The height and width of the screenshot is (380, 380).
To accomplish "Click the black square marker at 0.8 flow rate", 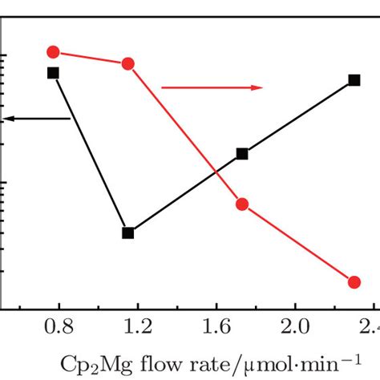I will click(x=53, y=73).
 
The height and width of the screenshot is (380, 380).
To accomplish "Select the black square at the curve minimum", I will click(x=127, y=233).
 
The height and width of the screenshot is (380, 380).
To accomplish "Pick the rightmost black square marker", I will click(x=354, y=80).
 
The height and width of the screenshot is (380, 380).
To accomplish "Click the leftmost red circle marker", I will click(x=53, y=52).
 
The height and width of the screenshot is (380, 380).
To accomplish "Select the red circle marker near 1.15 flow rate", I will click(x=127, y=64).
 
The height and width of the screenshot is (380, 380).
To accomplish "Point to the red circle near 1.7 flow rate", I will click(x=242, y=204).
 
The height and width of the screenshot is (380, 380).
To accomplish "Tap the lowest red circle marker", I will click(x=354, y=281).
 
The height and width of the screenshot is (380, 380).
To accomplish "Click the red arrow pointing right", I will click(x=212, y=87).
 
